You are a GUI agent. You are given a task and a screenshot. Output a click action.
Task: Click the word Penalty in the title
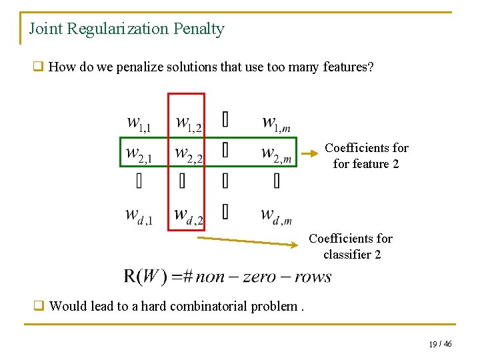tap(199, 29)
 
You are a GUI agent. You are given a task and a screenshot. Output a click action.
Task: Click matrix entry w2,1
tap(139, 154)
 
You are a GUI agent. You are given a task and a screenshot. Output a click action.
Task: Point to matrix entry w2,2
tap(189, 154)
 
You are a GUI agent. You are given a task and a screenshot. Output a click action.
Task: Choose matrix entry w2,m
tap(276, 154)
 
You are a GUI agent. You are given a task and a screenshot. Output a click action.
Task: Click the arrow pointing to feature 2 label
tap(305, 153)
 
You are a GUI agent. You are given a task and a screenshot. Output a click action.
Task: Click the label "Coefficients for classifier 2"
tap(351, 246)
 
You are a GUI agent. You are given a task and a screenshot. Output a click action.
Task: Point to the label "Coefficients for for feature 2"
tap(366, 155)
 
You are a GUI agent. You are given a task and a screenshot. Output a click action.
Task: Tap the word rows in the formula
tap(312, 277)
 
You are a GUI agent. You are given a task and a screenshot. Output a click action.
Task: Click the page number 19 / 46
tap(440, 344)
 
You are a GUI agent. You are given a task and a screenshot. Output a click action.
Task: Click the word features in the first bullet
tap(344, 67)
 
